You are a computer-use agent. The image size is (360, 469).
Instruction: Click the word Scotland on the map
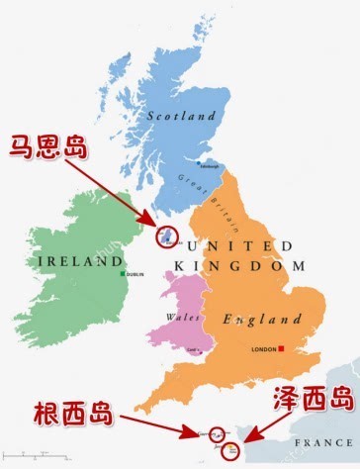[181, 116]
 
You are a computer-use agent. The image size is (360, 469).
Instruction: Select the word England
[262, 320]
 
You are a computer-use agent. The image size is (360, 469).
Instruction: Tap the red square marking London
[282, 348]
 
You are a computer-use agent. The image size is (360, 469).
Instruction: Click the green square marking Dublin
[123, 274]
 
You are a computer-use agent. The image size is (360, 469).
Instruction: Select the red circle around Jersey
[233, 450]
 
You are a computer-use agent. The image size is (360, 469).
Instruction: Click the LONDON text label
[264, 349]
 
